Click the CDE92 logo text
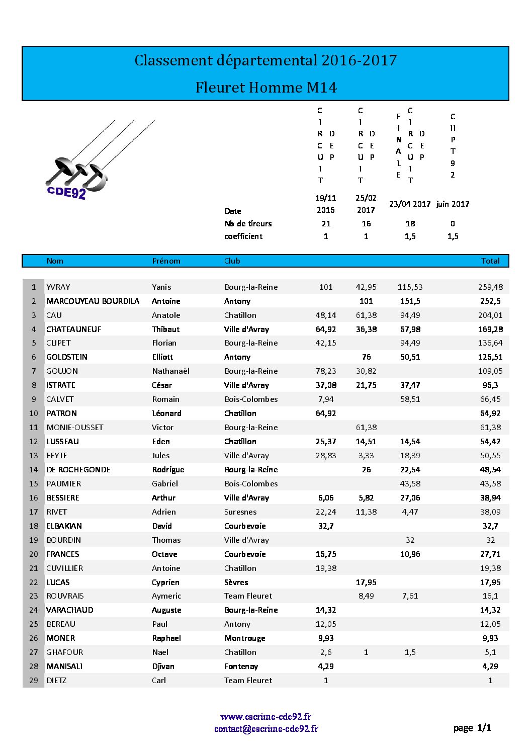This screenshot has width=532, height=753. click(x=66, y=192)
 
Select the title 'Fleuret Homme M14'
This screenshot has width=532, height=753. click(x=266, y=88)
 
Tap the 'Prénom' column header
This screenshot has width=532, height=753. click(x=166, y=261)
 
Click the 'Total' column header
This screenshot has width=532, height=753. click(x=490, y=261)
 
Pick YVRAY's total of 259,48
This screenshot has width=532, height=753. click(x=490, y=287)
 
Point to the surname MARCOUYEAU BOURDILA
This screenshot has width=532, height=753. click(x=93, y=301)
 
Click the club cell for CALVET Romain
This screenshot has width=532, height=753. click(x=251, y=399)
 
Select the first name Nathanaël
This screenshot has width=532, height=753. click(x=171, y=371)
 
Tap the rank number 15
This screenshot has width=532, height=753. click(x=34, y=484)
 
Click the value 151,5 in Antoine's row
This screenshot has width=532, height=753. click(x=410, y=301)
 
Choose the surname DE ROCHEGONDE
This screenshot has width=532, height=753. click(x=78, y=470)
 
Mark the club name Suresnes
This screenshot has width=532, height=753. click(x=240, y=512)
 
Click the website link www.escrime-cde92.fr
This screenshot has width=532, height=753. click(x=265, y=717)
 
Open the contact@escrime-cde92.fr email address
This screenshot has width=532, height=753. click(x=266, y=729)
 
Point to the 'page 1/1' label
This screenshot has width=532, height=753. click(x=472, y=728)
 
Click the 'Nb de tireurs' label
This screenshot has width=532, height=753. click(x=248, y=224)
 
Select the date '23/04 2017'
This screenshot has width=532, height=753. click(x=410, y=204)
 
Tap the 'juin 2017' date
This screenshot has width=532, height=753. click(x=453, y=204)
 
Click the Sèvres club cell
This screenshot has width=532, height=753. click(x=236, y=582)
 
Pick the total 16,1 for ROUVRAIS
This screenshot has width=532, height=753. click(x=490, y=596)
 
